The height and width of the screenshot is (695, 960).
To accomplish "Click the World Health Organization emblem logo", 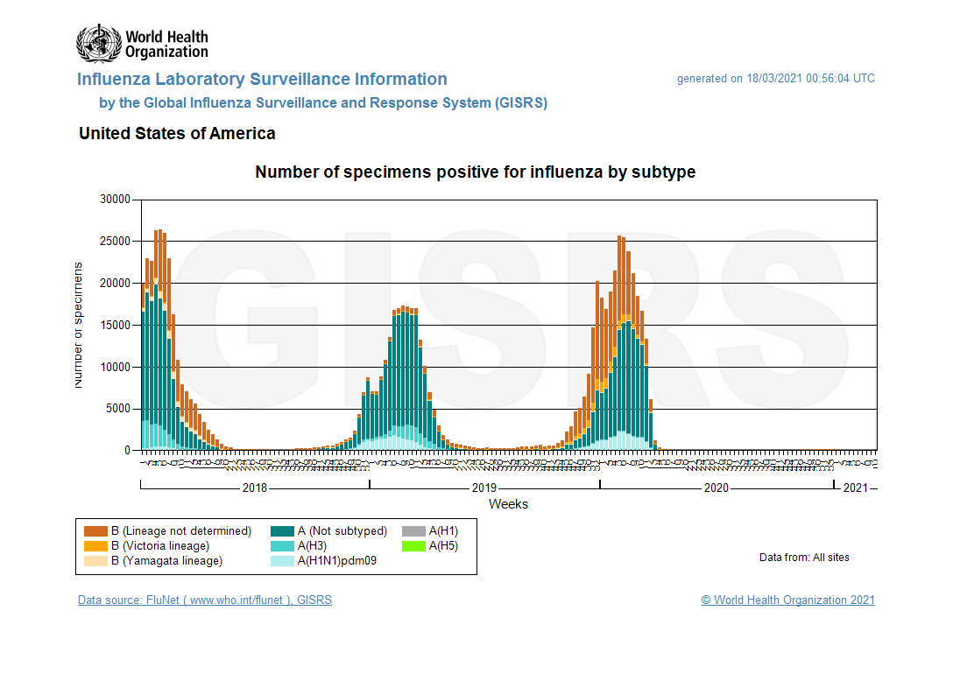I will pos(98,44).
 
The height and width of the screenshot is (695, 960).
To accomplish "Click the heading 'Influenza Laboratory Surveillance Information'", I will pos(262,79).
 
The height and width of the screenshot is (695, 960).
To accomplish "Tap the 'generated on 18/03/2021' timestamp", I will pos(775,79).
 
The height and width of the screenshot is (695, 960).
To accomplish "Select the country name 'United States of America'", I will pos(177,134).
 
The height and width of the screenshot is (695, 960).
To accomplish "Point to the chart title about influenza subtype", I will pos(475,172).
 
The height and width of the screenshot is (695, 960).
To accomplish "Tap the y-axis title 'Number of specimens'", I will pos(78,325).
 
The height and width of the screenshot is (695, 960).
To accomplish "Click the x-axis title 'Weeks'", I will pos(508,504).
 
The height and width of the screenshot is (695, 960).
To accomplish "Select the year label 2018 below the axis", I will pos(255,488).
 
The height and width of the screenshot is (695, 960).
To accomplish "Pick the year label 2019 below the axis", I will pos(484,488).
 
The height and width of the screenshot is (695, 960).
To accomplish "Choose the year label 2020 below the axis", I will pos(716,488).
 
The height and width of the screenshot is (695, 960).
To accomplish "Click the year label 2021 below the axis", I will pos(855,488).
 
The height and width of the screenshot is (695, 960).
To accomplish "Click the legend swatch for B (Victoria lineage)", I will pos(95,546).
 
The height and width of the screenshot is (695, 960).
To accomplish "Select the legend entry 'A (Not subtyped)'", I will pos(342,531).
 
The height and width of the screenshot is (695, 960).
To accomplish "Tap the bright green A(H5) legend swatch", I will pos(413,546).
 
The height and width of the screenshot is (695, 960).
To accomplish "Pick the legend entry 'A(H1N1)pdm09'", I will pos(336,561).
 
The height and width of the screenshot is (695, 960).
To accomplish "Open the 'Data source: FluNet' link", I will pos(205,600).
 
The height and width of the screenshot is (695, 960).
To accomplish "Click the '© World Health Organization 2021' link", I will pos(787,600).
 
